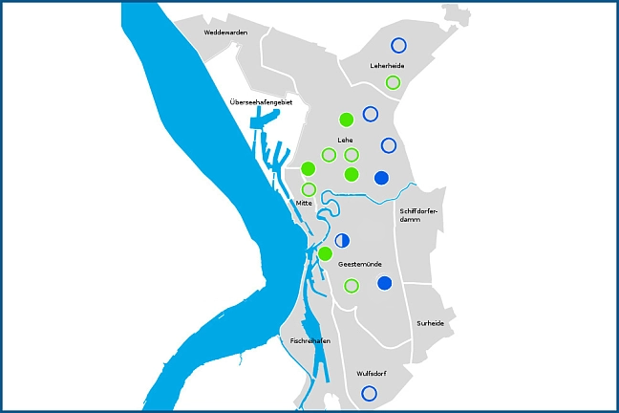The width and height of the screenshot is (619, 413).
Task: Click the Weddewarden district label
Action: click(225, 33)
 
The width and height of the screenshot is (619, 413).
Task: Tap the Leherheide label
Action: click(387, 66)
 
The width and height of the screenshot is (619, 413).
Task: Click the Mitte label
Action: click(304, 202)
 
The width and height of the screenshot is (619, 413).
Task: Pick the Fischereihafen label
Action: click(310, 339)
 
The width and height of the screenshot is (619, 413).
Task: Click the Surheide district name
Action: click(430, 323)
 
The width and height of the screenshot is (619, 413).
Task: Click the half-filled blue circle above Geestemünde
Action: click(343, 240)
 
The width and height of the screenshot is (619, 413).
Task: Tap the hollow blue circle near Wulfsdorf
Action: click(370, 393)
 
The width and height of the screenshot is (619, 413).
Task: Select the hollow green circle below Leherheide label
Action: click(393, 82)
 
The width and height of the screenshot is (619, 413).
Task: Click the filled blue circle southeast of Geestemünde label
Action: click(385, 283)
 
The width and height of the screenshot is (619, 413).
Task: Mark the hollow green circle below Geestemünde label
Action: click(352, 285)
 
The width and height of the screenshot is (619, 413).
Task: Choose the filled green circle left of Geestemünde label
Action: click(325, 253)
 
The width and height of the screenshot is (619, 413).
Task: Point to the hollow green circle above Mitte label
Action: click(309, 189)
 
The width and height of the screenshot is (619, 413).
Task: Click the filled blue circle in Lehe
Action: click(381, 177)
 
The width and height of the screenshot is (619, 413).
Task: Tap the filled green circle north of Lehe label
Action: click(346, 120)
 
